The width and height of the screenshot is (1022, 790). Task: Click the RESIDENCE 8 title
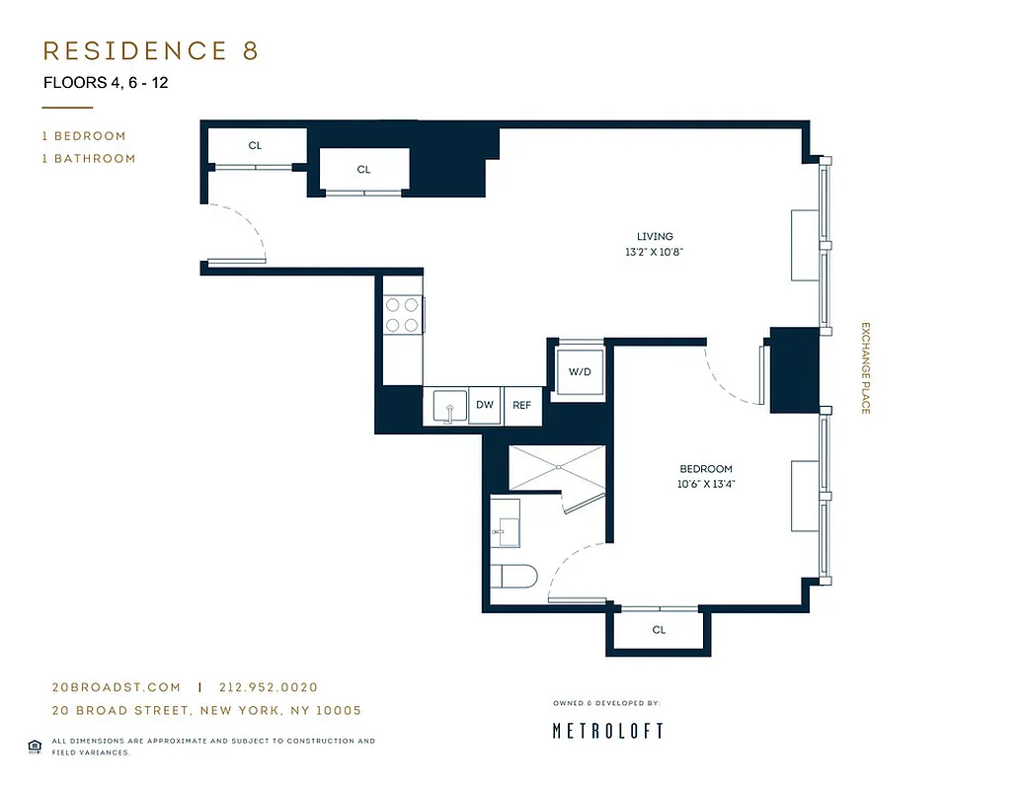151,51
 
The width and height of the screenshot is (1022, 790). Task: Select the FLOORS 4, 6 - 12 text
106,83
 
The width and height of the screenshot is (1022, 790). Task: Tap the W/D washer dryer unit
579,372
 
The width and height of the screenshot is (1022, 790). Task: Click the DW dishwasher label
485,405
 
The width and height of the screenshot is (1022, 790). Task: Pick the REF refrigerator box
522,405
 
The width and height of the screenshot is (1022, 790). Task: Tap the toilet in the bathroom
512,576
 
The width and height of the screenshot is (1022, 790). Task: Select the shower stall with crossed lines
556,466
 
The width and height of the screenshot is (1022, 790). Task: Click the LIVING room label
655,237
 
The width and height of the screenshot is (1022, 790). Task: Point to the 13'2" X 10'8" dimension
655,252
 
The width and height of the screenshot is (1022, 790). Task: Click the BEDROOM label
706,469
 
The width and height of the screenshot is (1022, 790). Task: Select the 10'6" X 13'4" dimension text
706,484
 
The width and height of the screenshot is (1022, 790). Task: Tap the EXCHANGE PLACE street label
865,367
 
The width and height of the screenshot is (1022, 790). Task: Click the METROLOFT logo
607,731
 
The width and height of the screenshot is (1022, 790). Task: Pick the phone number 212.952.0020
268,687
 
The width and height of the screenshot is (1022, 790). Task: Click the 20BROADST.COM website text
117,687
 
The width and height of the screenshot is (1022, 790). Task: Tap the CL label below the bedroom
659,630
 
